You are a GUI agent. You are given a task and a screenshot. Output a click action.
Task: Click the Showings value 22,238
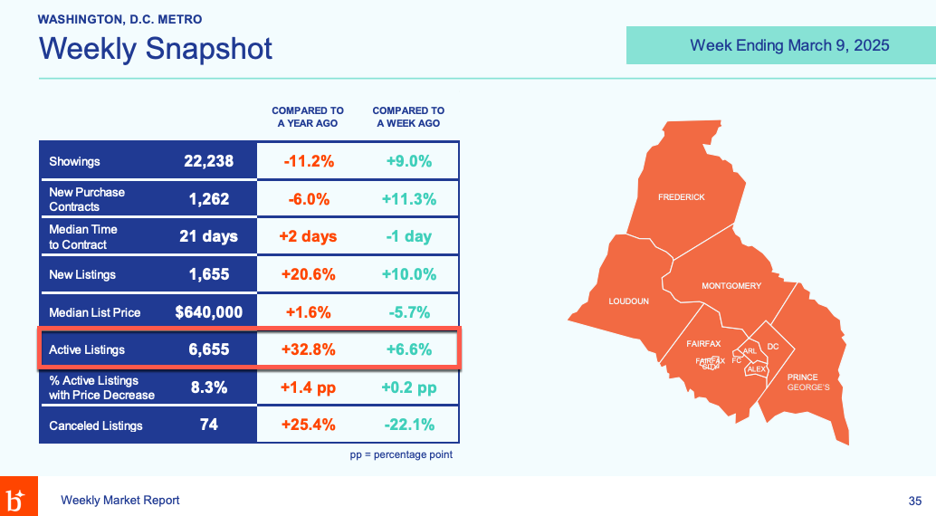click(x=208, y=161)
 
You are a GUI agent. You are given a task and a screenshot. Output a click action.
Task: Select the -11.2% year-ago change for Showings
click(x=309, y=161)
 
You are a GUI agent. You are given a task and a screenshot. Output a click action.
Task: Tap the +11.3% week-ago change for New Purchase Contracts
click(x=409, y=199)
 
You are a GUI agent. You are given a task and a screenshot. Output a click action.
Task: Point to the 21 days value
click(x=208, y=236)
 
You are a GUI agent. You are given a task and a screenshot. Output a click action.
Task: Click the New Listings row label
click(x=82, y=274)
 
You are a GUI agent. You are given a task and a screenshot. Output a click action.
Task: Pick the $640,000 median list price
click(x=208, y=312)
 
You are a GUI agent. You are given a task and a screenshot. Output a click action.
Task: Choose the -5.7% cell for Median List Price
click(x=409, y=312)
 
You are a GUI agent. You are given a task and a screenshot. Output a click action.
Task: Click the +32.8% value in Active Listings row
click(x=309, y=349)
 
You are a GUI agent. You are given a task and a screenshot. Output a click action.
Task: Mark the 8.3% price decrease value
click(x=208, y=387)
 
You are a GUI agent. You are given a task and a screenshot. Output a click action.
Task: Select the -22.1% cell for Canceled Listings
click(x=409, y=425)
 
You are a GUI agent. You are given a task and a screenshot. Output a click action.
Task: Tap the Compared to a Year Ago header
click(x=308, y=117)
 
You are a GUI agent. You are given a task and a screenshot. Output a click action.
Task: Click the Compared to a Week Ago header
click(x=408, y=117)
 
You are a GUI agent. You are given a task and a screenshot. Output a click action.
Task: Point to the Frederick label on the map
click(x=681, y=197)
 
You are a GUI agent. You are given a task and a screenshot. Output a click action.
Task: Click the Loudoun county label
click(x=628, y=301)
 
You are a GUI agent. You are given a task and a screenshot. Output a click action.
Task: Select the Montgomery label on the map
click(x=731, y=286)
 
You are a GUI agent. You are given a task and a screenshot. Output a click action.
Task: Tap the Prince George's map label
click(x=808, y=382)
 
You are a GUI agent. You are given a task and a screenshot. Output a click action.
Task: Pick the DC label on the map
click(x=772, y=347)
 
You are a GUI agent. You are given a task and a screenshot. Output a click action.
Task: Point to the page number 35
click(x=915, y=501)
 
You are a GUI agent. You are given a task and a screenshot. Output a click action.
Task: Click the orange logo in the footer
click(x=18, y=496)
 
